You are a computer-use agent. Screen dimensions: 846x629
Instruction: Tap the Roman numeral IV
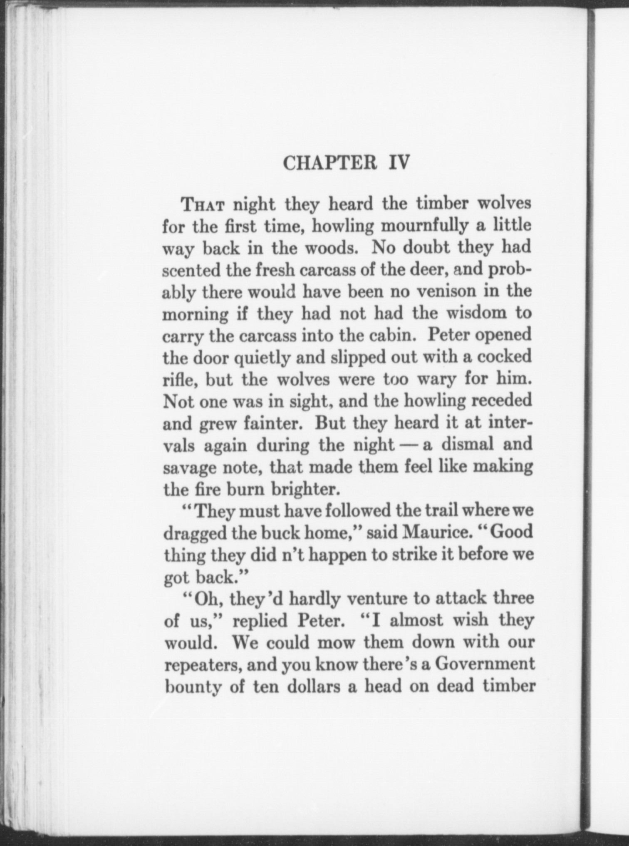399,163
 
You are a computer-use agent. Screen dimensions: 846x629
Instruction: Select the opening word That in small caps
203,205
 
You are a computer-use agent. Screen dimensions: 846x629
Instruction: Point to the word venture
377,599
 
